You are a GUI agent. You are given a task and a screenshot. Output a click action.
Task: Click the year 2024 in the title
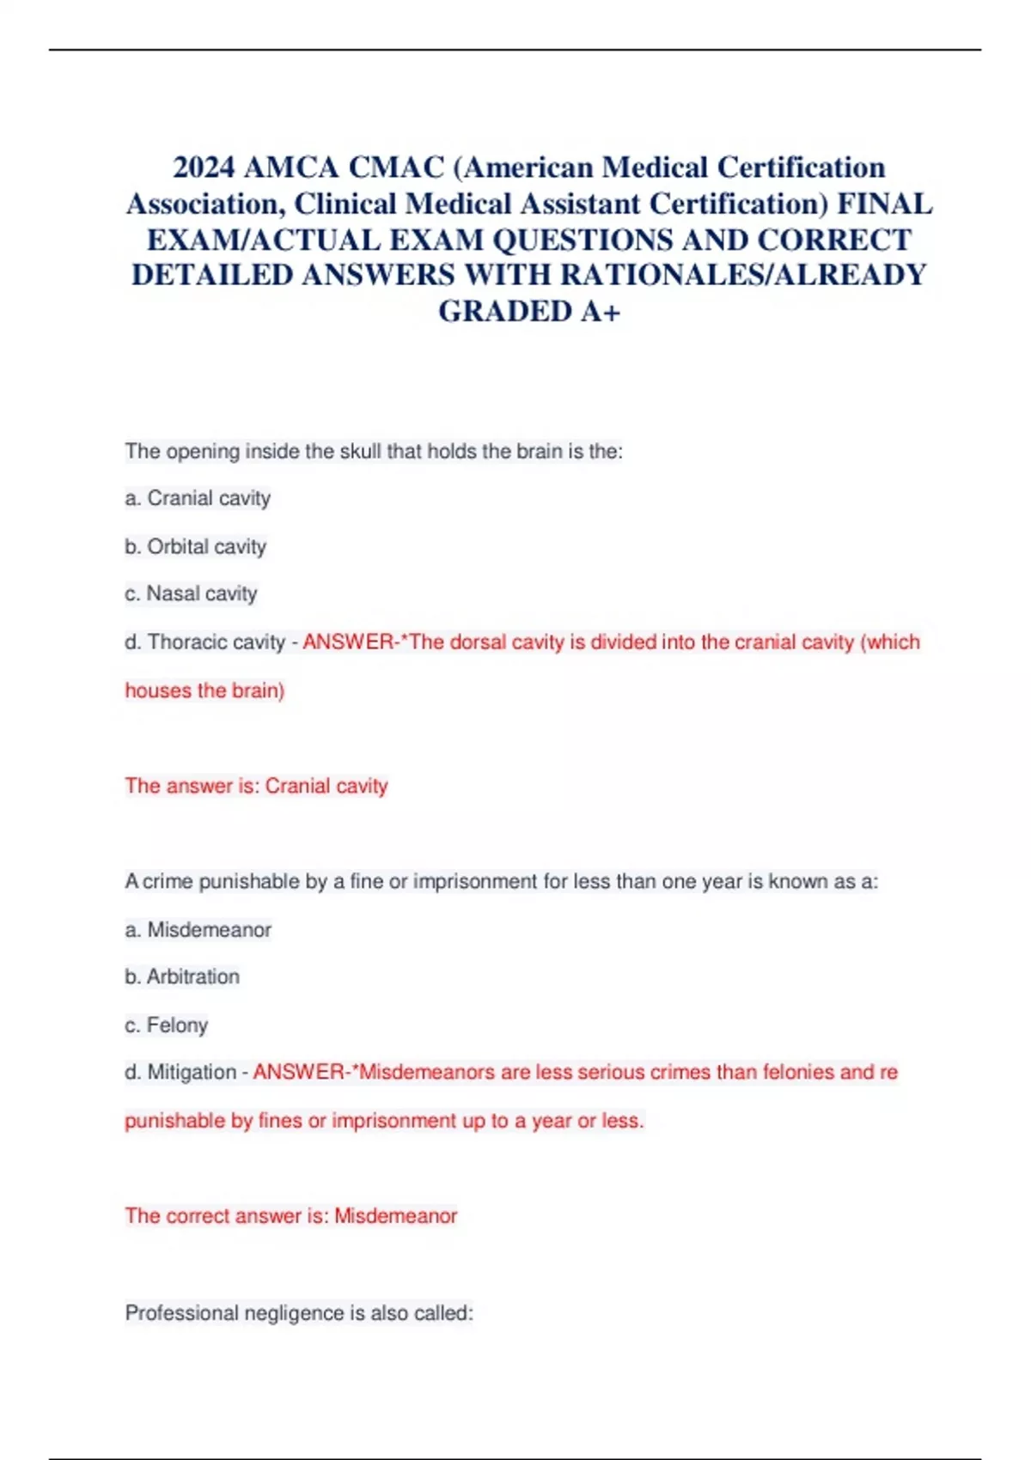[x=204, y=167]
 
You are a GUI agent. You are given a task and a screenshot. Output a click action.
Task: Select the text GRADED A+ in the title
[x=529, y=311]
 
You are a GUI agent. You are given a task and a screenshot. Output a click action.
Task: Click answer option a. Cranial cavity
[x=198, y=498]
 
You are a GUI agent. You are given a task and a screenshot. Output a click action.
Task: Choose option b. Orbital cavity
[x=195, y=546]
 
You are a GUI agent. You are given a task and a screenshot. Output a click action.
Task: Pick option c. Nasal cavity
[x=191, y=593]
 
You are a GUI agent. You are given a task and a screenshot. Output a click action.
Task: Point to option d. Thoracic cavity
[x=204, y=642]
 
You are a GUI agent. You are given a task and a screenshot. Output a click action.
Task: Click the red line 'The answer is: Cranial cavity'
[x=256, y=786]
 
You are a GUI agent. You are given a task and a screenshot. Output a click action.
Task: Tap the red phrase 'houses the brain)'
[x=204, y=690]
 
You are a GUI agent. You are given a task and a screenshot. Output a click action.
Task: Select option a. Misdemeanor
[x=198, y=929]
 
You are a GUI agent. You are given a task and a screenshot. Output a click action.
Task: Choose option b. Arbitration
[x=182, y=976]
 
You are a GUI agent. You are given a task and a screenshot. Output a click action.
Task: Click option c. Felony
[x=167, y=1025]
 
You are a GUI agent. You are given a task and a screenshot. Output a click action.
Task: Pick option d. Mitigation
[x=180, y=1073]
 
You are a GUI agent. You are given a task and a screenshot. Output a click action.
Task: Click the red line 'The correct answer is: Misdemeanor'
[x=290, y=1216]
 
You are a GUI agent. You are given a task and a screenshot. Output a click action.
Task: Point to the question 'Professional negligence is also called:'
[x=299, y=1313]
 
